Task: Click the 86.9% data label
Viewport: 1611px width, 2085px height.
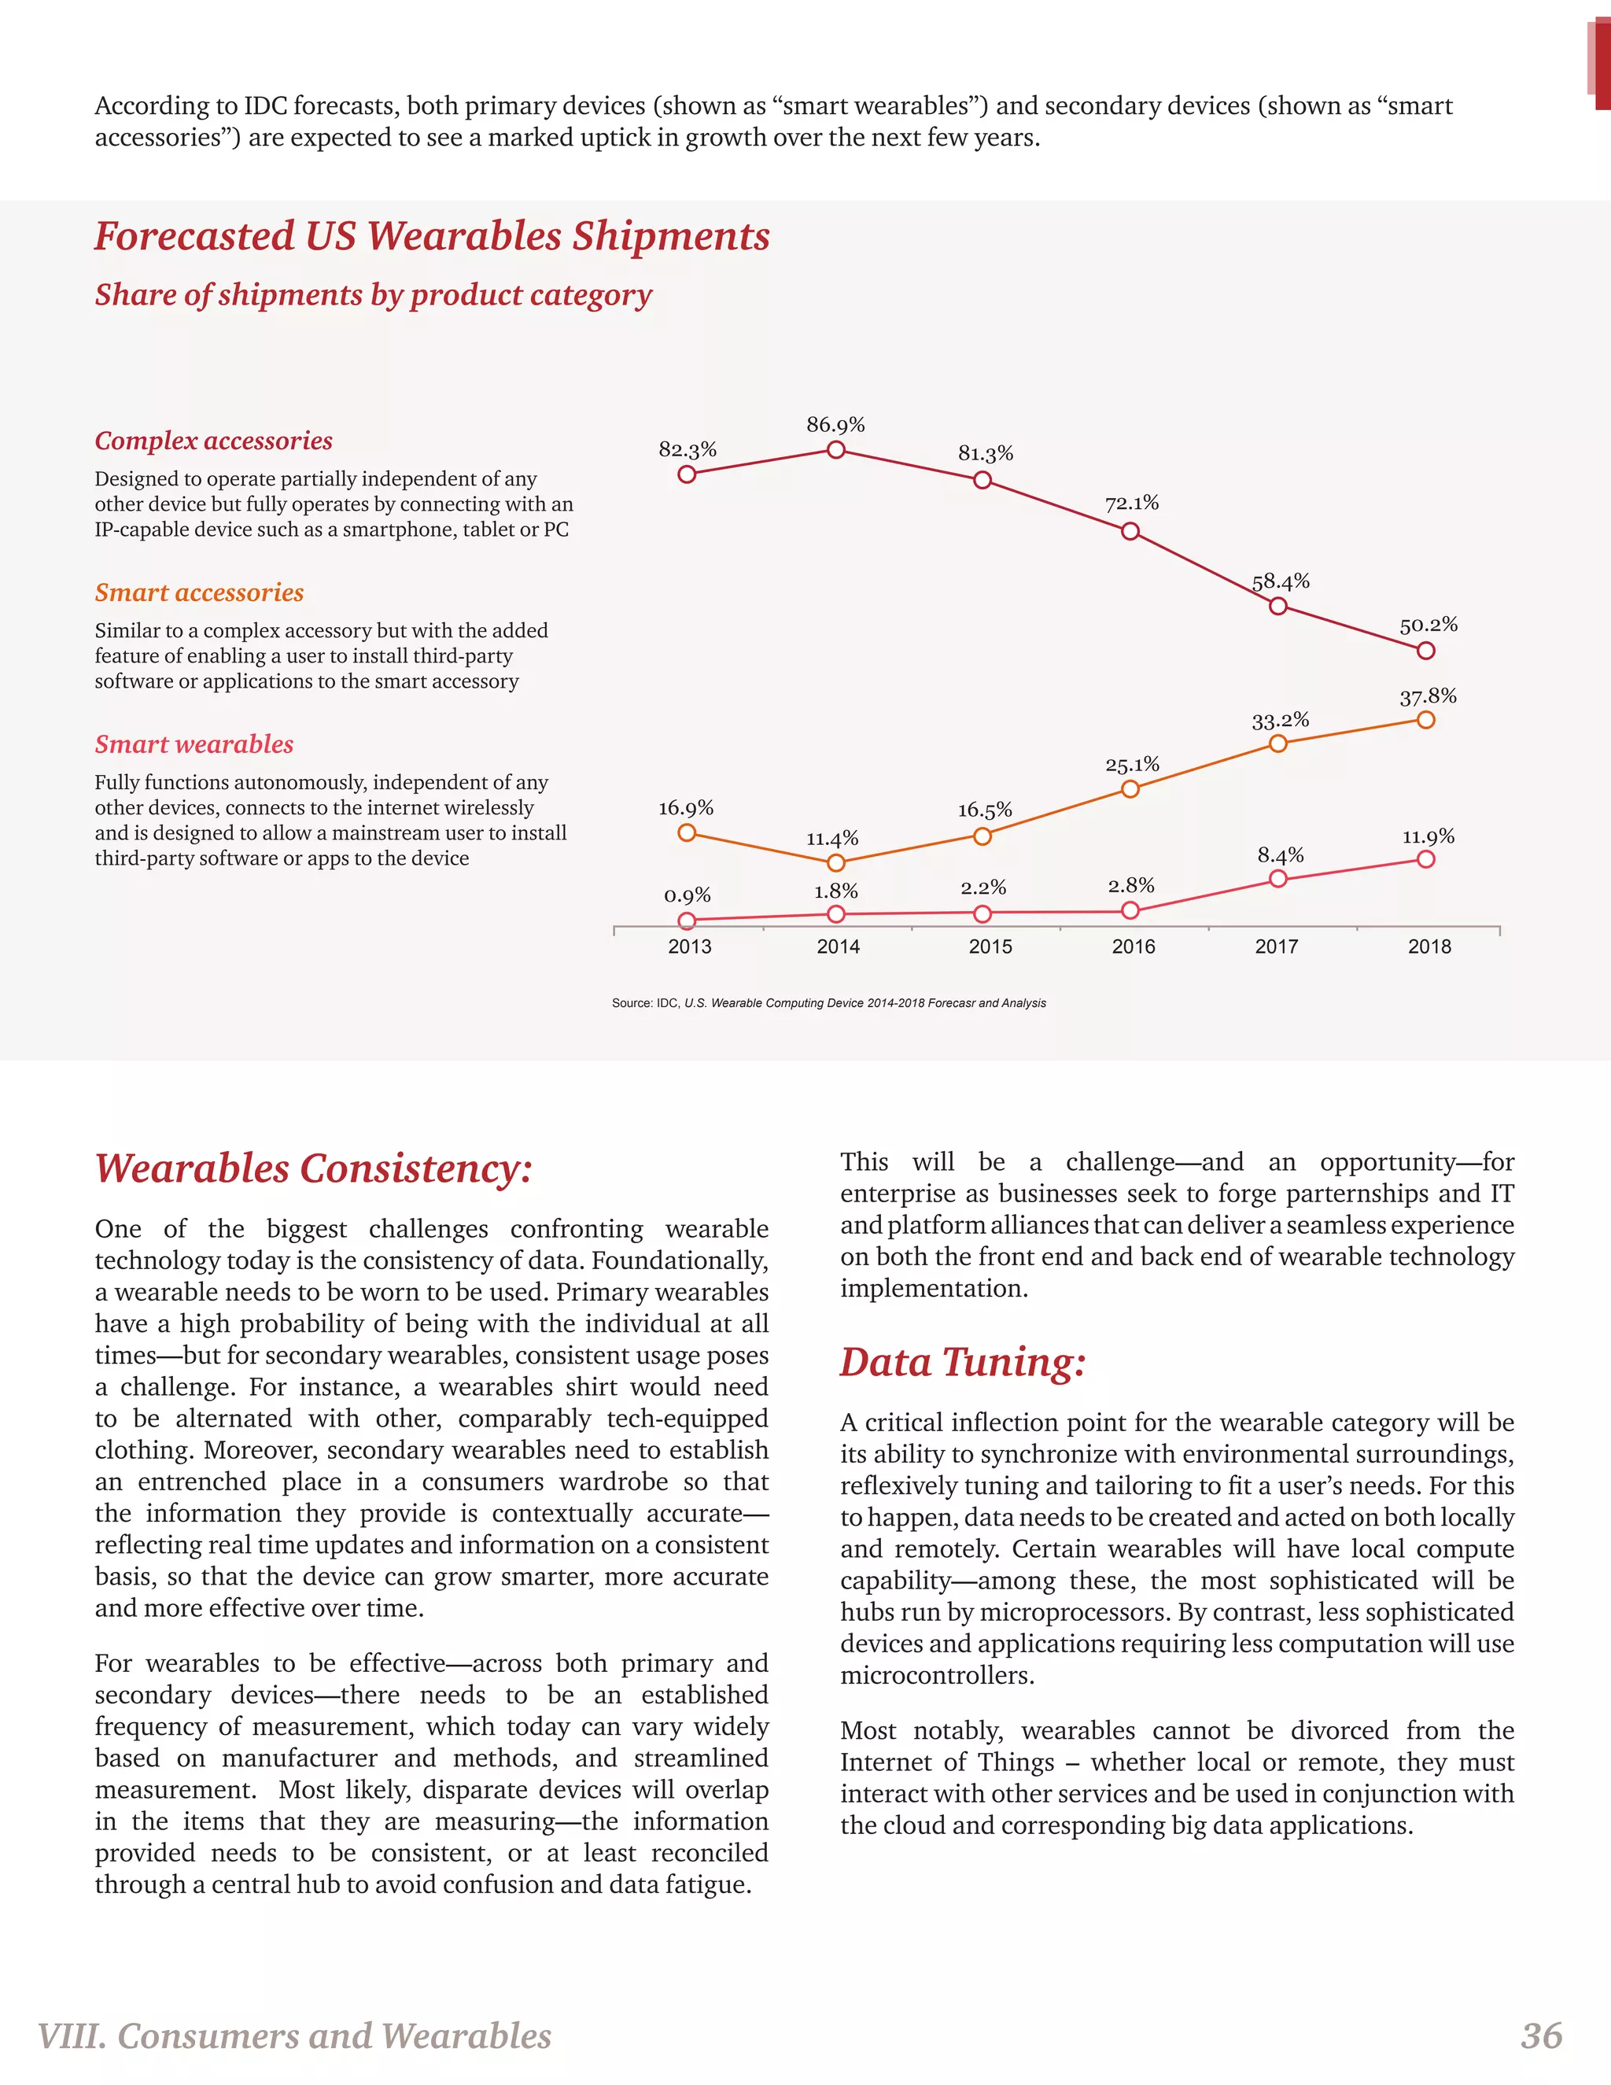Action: [x=835, y=425]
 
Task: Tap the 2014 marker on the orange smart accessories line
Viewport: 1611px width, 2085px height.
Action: [x=836, y=863]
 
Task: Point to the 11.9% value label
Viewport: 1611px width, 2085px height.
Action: [x=1428, y=837]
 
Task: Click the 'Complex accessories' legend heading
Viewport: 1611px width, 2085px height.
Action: [x=214, y=441]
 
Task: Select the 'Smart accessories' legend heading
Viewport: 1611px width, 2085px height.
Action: [x=200, y=593]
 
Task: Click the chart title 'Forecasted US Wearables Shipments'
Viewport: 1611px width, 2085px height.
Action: [x=431, y=236]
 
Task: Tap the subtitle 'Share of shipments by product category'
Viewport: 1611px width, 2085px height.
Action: [x=373, y=295]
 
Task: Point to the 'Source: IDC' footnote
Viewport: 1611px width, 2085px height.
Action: [x=828, y=1003]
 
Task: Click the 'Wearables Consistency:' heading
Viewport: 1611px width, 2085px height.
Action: [x=313, y=1168]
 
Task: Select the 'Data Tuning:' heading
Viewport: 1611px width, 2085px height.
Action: [x=963, y=1361]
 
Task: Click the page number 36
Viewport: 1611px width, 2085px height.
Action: [x=1541, y=2035]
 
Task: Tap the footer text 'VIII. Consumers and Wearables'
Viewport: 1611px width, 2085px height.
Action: [x=294, y=2035]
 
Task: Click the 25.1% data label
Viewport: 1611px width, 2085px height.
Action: [x=1132, y=765]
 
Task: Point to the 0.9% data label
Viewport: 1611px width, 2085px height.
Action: [x=688, y=895]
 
